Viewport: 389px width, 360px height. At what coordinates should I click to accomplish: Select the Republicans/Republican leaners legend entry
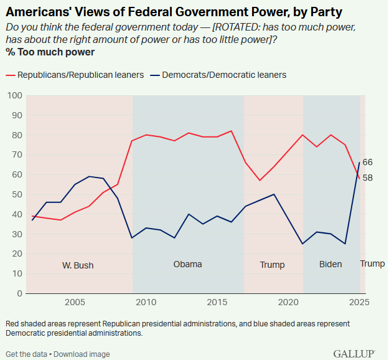[80, 75]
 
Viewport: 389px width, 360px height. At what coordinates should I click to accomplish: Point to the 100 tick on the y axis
[14, 95]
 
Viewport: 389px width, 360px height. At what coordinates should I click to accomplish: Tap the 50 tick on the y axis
[17, 194]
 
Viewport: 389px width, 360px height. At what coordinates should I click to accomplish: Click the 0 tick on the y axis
[19, 293]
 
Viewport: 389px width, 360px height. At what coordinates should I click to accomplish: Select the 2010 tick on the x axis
[146, 302]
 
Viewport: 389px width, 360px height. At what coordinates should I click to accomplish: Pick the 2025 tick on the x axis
[357, 302]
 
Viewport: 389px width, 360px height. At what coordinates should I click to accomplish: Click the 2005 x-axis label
[74, 302]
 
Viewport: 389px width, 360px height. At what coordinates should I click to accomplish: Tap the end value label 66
[368, 163]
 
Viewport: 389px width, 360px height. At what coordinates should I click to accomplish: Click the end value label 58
[368, 178]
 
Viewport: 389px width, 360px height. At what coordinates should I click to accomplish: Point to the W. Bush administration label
[78, 265]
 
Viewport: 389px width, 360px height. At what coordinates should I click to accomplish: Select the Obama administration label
[187, 264]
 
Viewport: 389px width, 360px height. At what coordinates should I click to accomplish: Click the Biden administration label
[330, 264]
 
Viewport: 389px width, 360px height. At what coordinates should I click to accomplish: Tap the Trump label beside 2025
[372, 263]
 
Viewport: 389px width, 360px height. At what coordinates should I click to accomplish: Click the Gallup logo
[354, 353]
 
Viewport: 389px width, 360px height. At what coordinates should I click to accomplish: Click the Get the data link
[26, 354]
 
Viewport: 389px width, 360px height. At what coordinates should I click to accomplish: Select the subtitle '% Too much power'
[42, 51]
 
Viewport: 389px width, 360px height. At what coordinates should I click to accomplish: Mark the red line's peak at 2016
[231, 131]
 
